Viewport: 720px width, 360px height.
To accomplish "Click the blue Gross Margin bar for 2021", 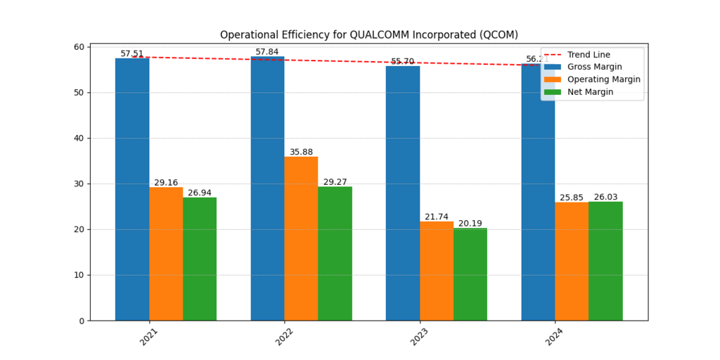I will click(132, 189).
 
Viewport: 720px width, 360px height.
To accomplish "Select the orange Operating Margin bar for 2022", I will click(301, 238).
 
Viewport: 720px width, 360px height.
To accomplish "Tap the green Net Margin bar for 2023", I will click(470, 274).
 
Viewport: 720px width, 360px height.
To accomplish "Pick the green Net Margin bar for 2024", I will click(605, 261).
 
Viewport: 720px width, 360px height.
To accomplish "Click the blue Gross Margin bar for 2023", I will click(403, 193).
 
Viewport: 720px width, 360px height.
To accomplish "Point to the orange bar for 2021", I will click(166, 254).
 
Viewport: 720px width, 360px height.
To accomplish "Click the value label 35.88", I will click(301, 152).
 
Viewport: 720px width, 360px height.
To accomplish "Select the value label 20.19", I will click(470, 224).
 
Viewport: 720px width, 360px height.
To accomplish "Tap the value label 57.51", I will click(132, 53).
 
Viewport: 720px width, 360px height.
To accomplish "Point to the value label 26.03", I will click(605, 197).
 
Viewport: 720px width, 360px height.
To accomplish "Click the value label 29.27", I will click(335, 182).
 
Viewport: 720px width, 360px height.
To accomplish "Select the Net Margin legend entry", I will click(590, 92).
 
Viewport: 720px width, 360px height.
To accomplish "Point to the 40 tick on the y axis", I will click(78, 139).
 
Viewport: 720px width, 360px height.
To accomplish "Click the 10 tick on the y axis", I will click(78, 275).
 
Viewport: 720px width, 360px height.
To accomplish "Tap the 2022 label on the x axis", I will click(284, 337).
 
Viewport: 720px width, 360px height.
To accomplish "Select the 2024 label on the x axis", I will click(555, 337).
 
